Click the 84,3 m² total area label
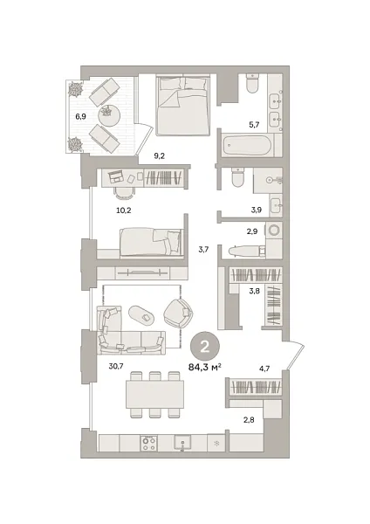[205, 368]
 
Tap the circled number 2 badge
[205, 348]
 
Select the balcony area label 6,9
[80, 117]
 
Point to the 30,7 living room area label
[116, 366]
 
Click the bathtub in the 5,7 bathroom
[247, 145]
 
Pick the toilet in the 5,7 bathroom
[252, 84]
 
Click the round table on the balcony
[109, 115]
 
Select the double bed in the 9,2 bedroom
[182, 105]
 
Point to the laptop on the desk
[116, 176]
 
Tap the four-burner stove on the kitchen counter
[148, 443]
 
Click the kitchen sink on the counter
[182, 443]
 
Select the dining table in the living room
[155, 395]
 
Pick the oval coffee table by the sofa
[141, 314]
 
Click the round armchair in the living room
[179, 313]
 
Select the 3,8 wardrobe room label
[255, 291]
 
